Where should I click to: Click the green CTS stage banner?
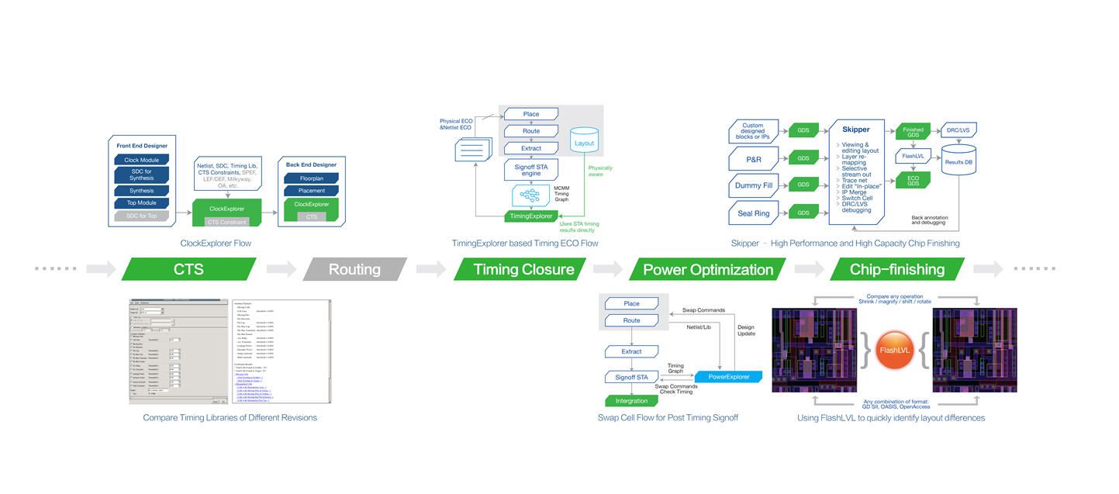[188, 269]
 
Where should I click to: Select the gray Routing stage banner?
[354, 269]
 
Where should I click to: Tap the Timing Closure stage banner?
[524, 269]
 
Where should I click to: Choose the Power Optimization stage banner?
[708, 269]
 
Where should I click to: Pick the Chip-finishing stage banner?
[897, 269]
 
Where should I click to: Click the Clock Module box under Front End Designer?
[141, 161]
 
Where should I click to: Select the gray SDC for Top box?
[141, 216]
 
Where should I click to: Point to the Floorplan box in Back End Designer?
[311, 178]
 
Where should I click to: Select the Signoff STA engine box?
[530, 168]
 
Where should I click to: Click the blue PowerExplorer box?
[727, 377]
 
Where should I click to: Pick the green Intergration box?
[630, 401]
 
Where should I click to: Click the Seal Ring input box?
[752, 212]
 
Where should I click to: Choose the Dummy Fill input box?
[752, 186]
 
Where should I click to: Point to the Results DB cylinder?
[958, 160]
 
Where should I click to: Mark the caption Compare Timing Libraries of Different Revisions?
[230, 417]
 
